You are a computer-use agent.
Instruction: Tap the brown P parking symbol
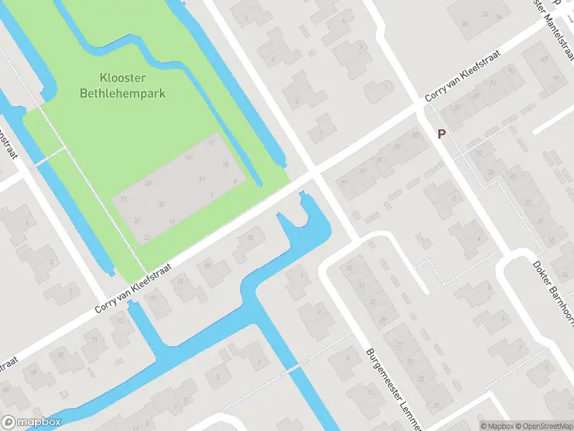click(x=441, y=134)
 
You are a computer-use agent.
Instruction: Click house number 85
click(x=415, y=134)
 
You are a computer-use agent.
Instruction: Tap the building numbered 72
click(x=120, y=320)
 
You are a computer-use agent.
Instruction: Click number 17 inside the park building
click(x=202, y=179)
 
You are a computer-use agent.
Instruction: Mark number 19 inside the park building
click(x=172, y=222)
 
